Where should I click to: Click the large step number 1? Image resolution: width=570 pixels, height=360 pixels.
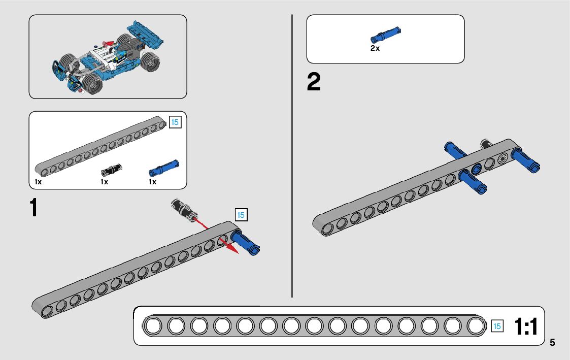pyautogui.click(x=34, y=208)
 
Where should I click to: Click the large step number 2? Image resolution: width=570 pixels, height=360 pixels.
pyautogui.click(x=314, y=83)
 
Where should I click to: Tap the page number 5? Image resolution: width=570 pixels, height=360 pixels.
pyautogui.click(x=552, y=343)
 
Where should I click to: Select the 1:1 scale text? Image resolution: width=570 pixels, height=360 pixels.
pyautogui.click(x=526, y=326)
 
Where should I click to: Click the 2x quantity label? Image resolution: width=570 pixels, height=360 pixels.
pyautogui.click(x=375, y=49)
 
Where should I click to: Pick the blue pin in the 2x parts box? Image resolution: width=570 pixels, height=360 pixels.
pyautogui.click(x=386, y=35)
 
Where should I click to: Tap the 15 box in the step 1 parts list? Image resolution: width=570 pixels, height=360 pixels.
pyautogui.click(x=175, y=122)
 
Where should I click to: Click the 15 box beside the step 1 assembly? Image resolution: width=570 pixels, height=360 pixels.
pyautogui.click(x=241, y=215)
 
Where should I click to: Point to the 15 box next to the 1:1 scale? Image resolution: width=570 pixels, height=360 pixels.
pyautogui.click(x=497, y=326)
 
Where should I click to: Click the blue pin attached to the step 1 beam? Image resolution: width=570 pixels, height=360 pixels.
pyautogui.click(x=246, y=244)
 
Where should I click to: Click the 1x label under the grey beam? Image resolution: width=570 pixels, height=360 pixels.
pyautogui.click(x=38, y=182)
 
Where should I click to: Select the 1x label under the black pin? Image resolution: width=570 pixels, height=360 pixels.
pyautogui.click(x=104, y=182)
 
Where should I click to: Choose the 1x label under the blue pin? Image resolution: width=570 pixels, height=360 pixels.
pyautogui.click(x=152, y=182)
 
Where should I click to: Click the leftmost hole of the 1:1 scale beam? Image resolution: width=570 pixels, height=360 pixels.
pyautogui.click(x=152, y=326)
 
